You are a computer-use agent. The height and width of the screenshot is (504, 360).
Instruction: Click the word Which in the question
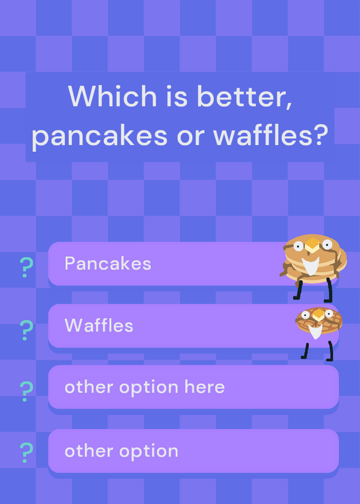point(112,96)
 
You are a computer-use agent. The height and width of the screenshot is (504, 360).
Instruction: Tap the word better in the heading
point(244,96)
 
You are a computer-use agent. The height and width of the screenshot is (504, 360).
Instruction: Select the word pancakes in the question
point(100,136)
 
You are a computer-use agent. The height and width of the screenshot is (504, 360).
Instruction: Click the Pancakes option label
point(108,263)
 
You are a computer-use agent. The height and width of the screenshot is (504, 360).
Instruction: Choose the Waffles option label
point(99,325)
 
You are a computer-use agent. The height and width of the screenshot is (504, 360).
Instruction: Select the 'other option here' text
point(144,387)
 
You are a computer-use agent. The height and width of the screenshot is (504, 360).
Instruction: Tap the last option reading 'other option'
point(121,451)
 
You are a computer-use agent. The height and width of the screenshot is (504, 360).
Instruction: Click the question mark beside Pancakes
point(26,267)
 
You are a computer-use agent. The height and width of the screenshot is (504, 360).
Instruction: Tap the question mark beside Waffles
point(26,330)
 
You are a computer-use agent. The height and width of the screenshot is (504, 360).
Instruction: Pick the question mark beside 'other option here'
point(26,391)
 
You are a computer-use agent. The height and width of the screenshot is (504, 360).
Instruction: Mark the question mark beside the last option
point(26,452)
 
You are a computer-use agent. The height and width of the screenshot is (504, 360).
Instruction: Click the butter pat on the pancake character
point(311,245)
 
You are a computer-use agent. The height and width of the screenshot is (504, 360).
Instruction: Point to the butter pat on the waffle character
point(318,314)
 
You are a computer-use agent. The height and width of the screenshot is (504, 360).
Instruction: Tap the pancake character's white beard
point(310,265)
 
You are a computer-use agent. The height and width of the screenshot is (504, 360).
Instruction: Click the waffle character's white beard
point(315,331)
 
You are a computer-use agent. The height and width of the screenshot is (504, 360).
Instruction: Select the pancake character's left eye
point(298,246)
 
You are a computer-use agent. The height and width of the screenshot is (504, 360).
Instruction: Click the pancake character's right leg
point(329,290)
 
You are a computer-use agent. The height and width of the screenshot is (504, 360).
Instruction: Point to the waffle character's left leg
point(305,351)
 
